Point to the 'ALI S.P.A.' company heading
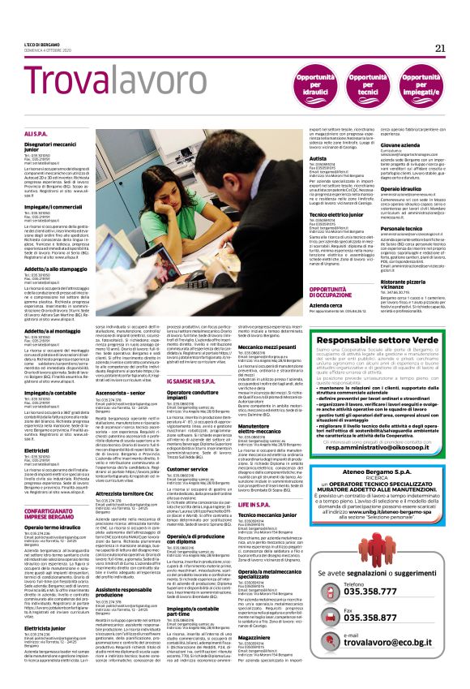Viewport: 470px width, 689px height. [36, 132]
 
